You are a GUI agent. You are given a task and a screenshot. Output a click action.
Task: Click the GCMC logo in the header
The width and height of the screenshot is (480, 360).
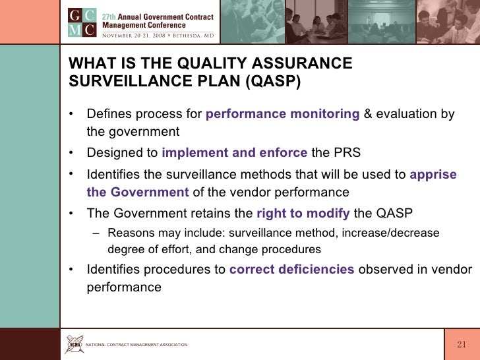(x=82, y=22)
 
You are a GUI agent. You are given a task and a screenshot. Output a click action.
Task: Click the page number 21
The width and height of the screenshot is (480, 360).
(x=462, y=345)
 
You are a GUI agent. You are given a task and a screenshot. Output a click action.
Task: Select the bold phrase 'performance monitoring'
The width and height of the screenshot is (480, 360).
(x=283, y=114)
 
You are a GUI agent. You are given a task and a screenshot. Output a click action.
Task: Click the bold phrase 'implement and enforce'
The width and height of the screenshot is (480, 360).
(x=234, y=154)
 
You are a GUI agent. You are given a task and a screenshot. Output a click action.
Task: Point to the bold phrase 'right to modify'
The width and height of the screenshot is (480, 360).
(x=303, y=213)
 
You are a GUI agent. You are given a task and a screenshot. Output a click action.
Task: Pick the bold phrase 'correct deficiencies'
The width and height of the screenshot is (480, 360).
(x=291, y=269)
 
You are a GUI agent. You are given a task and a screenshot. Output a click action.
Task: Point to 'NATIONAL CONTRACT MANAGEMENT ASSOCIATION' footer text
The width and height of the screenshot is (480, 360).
(x=137, y=345)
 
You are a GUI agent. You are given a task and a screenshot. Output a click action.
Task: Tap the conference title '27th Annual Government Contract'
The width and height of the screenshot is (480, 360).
(x=157, y=16)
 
